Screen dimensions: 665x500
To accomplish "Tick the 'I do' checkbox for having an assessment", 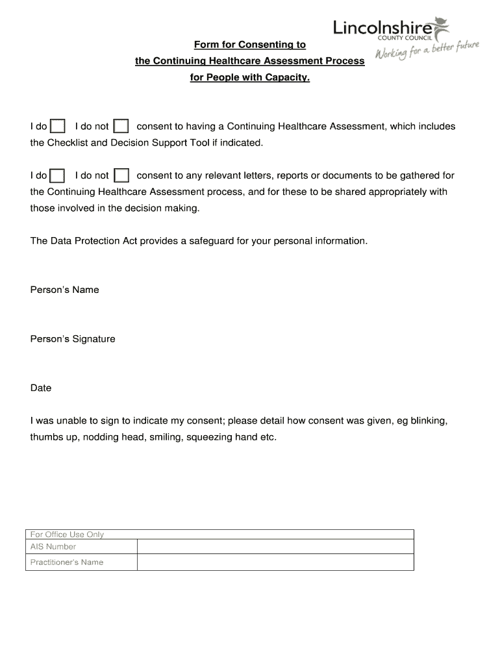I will tap(58, 126).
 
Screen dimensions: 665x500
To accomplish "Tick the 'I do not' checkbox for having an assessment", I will tap(121, 126).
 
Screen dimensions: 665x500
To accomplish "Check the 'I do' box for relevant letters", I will tap(58, 175).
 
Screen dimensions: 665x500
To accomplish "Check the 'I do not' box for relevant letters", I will tap(121, 175).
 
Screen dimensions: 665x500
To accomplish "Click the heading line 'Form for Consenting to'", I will tap(250, 45).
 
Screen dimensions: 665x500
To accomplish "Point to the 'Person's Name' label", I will tap(64, 290).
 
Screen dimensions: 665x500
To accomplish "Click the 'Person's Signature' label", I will tap(73, 339).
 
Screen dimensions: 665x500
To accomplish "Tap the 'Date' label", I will tap(41, 388).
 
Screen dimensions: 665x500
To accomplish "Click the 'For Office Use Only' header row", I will tap(220, 534).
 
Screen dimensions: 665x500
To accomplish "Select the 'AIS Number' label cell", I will tap(82, 547).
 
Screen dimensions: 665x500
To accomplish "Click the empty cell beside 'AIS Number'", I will tap(275, 547).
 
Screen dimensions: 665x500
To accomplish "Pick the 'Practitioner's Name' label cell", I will tap(82, 562).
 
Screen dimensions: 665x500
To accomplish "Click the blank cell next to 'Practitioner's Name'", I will tap(275, 562).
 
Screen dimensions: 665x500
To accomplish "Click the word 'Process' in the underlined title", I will tap(344, 62).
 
